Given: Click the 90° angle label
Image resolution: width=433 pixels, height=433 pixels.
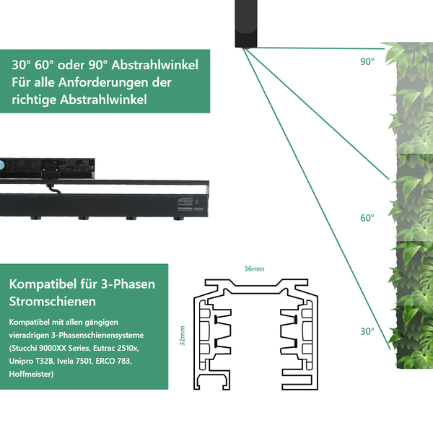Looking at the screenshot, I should (x=367, y=62).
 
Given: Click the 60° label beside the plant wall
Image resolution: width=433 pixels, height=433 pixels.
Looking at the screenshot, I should (x=367, y=217).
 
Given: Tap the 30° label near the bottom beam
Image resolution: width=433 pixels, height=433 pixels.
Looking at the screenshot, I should (x=367, y=331).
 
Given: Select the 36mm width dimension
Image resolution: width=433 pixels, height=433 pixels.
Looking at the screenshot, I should (x=254, y=268).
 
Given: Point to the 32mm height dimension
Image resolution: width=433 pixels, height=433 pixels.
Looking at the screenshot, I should (x=183, y=335).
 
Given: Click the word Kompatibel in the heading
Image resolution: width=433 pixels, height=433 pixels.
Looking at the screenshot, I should (x=40, y=284).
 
